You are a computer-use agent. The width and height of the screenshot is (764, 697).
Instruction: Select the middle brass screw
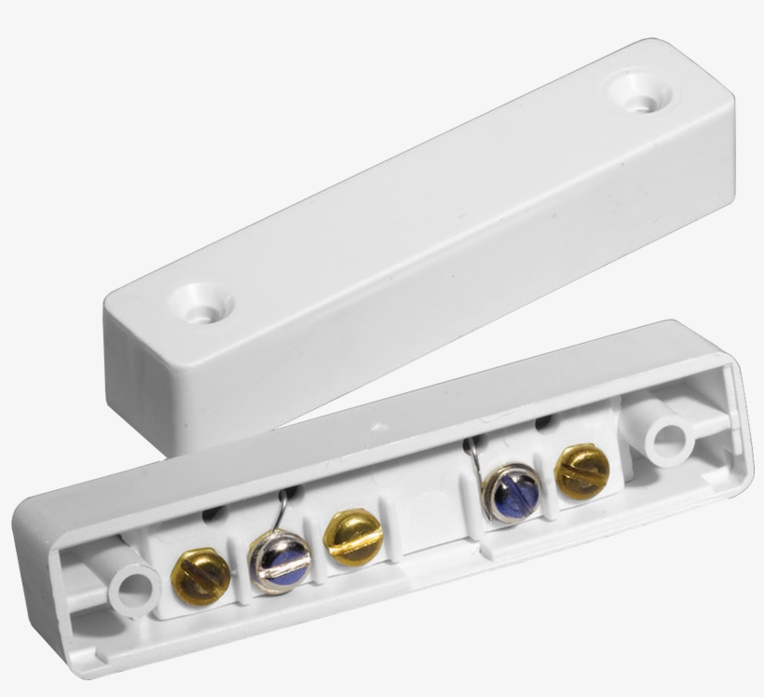point(353,538)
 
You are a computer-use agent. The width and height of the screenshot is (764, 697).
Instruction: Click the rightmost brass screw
point(581,471)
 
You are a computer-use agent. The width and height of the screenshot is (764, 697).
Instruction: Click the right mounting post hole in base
point(667,439)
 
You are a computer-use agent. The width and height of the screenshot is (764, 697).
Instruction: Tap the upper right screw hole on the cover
point(641,94)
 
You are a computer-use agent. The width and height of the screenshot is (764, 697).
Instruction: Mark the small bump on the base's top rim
point(379,427)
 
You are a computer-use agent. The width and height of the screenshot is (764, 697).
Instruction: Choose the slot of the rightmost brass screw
point(581,471)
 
